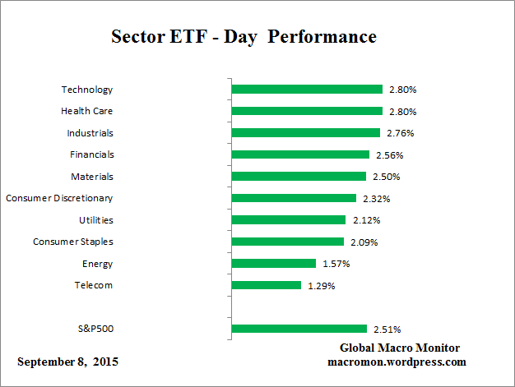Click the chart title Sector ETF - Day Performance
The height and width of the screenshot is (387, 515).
click(x=243, y=38)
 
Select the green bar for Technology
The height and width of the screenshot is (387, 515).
click(x=307, y=89)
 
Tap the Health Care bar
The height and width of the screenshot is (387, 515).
click(x=307, y=111)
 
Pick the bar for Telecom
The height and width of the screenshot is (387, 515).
click(x=267, y=285)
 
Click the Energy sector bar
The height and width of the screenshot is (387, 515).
click(x=274, y=264)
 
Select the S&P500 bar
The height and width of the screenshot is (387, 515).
click(x=299, y=329)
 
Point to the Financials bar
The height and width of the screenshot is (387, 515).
click(x=300, y=154)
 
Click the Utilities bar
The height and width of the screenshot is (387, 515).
click(x=289, y=220)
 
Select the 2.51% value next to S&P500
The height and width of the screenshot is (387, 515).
click(x=386, y=329)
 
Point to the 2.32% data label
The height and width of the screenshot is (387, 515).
click(x=375, y=198)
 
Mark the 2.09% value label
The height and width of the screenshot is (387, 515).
click(x=363, y=242)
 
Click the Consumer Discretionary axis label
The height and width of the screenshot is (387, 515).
click(x=59, y=198)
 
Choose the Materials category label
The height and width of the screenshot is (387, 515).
click(x=91, y=177)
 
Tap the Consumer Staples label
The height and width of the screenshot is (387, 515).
click(x=72, y=242)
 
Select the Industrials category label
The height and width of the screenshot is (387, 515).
click(x=90, y=132)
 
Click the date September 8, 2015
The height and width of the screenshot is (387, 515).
click(x=67, y=362)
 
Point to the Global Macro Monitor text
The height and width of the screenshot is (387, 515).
click(x=400, y=348)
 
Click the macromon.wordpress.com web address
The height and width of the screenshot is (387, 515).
click(x=397, y=362)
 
